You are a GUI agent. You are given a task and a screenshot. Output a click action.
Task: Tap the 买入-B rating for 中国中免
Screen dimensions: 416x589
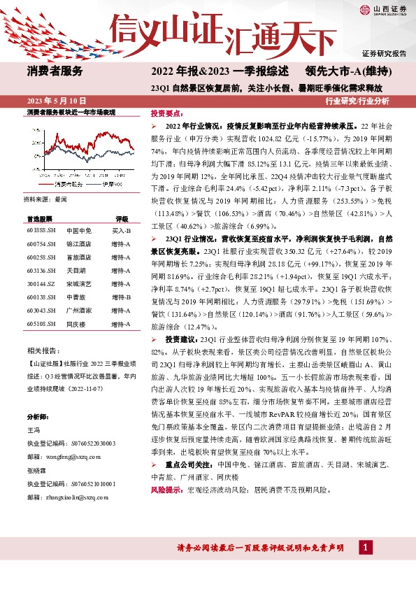(122, 230)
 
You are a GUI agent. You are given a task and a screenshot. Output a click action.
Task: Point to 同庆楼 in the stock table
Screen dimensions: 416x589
(75, 325)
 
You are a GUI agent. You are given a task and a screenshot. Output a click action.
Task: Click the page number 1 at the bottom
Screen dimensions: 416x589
(365, 567)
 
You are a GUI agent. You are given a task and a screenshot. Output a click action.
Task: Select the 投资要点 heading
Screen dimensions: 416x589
(166, 113)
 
